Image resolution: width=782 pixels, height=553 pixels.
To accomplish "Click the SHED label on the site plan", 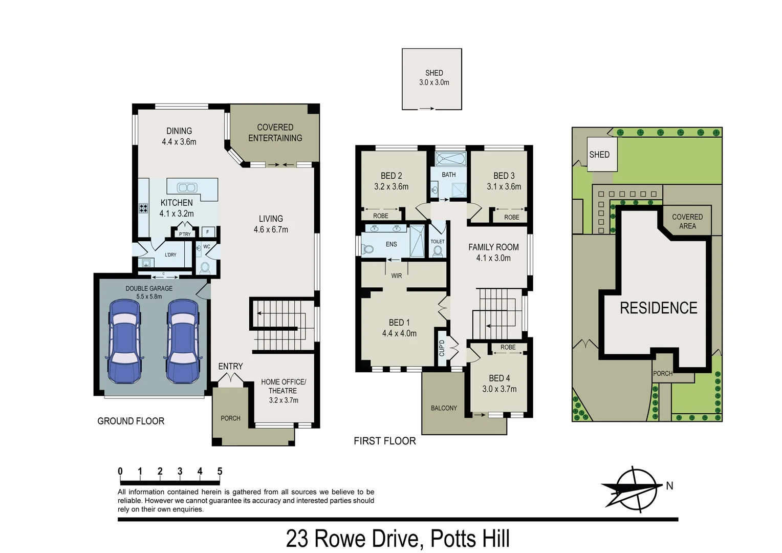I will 599,155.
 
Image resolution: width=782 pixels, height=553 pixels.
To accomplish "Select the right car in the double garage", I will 183,341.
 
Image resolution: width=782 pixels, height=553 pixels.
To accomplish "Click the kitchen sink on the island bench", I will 187,188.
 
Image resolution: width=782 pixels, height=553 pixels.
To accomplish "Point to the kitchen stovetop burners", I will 143,208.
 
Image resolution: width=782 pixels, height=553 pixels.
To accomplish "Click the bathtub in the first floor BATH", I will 450,159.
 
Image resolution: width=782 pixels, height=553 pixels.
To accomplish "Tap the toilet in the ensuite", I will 367,249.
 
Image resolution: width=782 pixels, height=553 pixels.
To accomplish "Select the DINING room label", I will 179,131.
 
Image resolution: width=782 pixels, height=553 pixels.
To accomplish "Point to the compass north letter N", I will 669,486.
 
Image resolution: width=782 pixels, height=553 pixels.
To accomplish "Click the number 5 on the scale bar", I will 220,472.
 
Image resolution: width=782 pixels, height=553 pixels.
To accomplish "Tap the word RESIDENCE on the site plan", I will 658,308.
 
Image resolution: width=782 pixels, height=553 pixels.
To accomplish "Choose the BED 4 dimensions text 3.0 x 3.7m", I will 499,389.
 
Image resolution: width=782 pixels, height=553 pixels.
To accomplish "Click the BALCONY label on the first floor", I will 444,408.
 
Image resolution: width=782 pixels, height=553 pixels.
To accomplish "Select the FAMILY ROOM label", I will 493,247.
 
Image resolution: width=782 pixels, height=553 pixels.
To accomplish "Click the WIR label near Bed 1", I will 397,276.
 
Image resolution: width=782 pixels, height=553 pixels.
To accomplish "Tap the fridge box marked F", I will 208,232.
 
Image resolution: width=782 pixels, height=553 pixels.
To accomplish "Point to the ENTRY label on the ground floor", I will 230,367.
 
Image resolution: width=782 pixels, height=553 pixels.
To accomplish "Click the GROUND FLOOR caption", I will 131,421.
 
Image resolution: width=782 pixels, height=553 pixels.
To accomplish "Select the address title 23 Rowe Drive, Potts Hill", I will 398,539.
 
